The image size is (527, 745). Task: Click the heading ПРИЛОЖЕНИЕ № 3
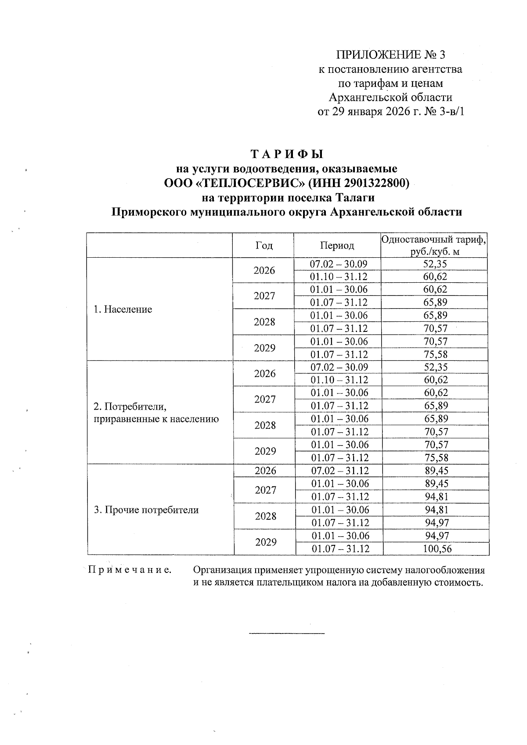[390, 55]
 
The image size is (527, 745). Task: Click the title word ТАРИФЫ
[287, 155]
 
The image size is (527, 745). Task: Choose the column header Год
[263, 245]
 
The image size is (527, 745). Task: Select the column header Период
[337, 245]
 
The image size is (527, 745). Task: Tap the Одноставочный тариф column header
[434, 240]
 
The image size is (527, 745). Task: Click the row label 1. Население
[123, 310]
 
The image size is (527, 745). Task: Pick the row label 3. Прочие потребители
[146, 510]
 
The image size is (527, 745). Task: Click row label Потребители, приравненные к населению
[156, 413]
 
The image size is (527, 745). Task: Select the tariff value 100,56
[437, 549]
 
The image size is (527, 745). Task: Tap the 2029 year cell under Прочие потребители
[266, 542]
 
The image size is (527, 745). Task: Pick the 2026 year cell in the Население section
[264, 270]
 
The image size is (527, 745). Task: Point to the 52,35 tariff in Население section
[435, 264]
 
